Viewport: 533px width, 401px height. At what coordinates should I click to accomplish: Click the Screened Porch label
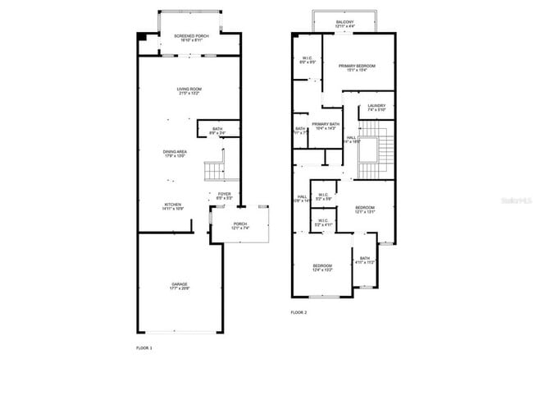(x=189, y=38)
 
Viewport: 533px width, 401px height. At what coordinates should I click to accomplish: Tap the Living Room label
(x=189, y=91)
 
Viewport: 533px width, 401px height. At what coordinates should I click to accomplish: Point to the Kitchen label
(x=173, y=207)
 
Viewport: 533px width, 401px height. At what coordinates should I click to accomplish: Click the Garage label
(x=180, y=286)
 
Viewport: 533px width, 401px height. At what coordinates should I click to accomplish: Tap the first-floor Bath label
(x=217, y=131)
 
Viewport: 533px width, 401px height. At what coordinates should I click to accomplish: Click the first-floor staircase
(x=214, y=171)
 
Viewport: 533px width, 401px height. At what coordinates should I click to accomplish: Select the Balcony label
(x=345, y=25)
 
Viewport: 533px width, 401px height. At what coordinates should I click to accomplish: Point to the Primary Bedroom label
(x=360, y=67)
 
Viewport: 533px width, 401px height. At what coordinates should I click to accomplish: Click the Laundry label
(x=376, y=108)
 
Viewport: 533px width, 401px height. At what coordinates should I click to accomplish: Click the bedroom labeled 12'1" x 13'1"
(x=365, y=209)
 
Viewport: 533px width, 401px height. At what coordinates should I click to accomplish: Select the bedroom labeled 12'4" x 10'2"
(x=322, y=268)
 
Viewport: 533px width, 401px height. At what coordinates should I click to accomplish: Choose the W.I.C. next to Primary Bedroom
(x=307, y=60)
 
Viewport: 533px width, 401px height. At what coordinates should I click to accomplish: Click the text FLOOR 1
(x=144, y=348)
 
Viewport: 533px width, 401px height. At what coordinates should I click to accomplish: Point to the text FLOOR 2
(x=298, y=313)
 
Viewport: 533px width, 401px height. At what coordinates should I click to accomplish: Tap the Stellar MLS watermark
(x=509, y=200)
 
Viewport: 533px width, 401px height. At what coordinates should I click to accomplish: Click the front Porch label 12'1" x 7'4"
(x=240, y=226)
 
